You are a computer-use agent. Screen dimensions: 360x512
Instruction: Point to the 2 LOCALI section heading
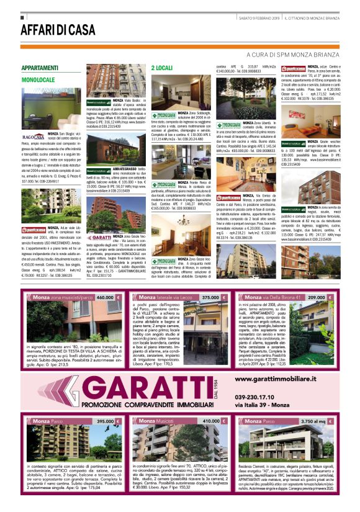point(162,66)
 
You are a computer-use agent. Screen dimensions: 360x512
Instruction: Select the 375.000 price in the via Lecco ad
point(213,298)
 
